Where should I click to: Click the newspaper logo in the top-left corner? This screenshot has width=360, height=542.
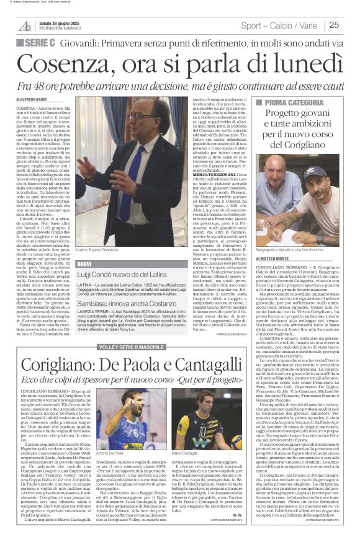[24, 25]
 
